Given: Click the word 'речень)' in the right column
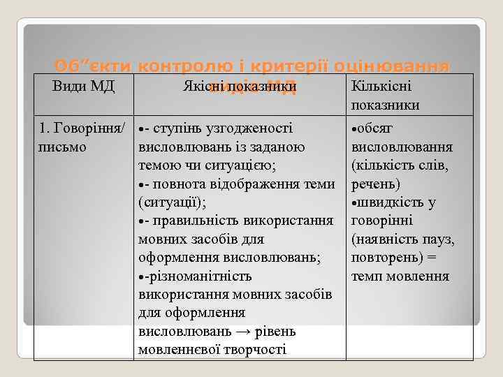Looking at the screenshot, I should coord(376,184).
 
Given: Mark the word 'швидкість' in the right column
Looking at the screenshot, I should coord(388,202).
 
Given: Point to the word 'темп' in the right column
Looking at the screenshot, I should coord(367,276).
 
